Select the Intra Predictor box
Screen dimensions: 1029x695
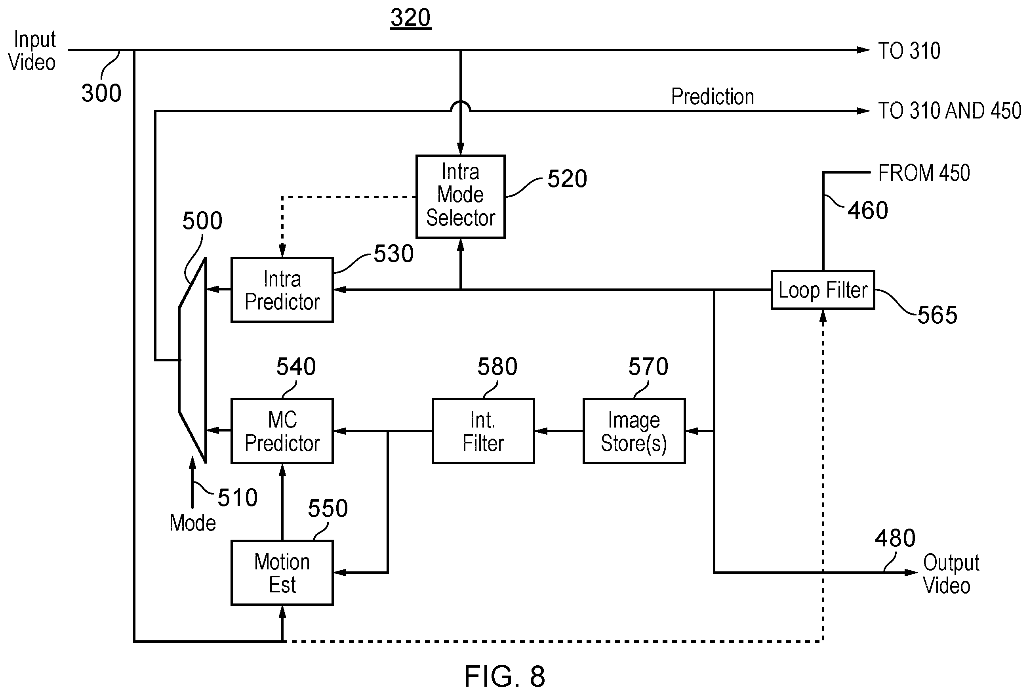coord(282,290)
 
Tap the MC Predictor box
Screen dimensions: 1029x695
coord(282,431)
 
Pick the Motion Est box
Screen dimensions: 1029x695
coord(282,573)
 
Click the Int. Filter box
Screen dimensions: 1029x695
coord(483,431)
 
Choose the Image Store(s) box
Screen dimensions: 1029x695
coord(634,431)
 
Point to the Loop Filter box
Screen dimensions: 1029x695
coord(823,290)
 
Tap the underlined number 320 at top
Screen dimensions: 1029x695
coord(410,18)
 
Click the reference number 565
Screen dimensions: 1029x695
coord(937,315)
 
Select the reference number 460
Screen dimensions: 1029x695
coord(868,210)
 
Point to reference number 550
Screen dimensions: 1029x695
coord(328,508)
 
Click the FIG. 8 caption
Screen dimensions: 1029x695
coord(504,676)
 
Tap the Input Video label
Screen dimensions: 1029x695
coord(32,50)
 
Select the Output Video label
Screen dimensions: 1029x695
coord(951,574)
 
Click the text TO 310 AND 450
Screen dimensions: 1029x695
coord(949,111)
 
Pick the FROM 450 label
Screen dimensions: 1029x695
coord(924,173)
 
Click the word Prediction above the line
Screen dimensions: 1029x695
coord(713,97)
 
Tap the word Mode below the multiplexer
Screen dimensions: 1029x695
coord(192,523)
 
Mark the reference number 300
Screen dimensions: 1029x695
coord(101,94)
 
